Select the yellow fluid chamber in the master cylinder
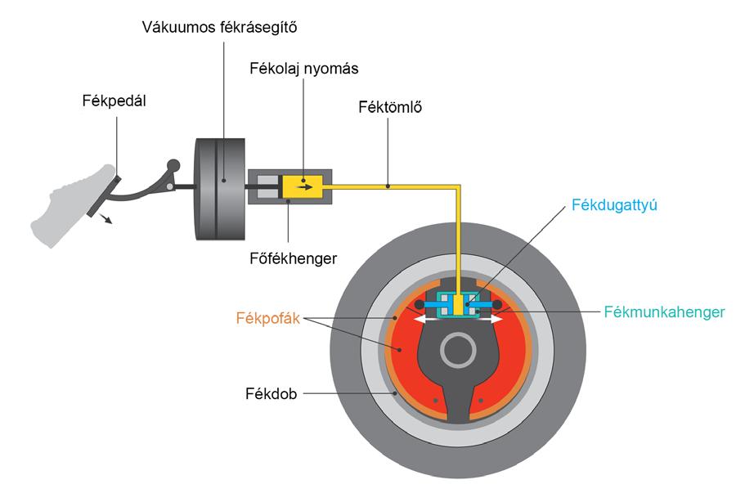click(x=302, y=186)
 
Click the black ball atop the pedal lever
click(x=172, y=165)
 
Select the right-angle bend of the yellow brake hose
click(x=459, y=187)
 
